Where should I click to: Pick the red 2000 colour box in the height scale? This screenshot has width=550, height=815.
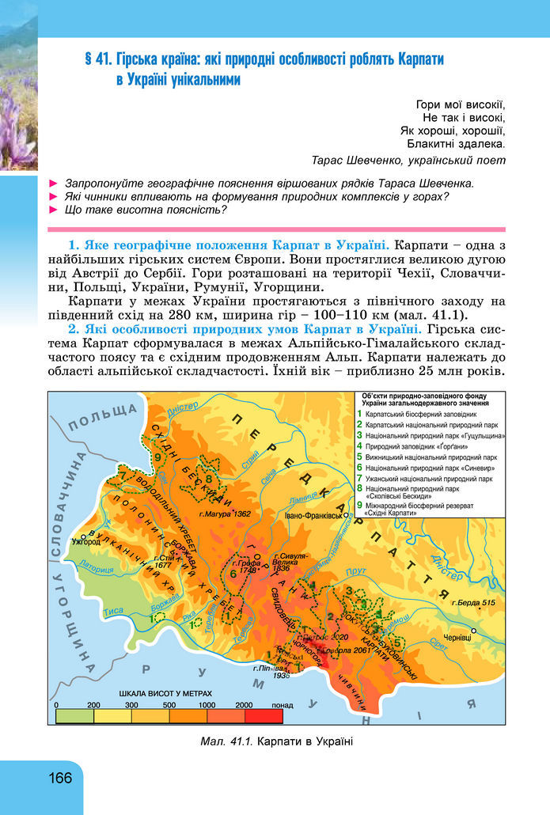264,715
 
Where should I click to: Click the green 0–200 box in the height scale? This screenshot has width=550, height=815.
74,715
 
